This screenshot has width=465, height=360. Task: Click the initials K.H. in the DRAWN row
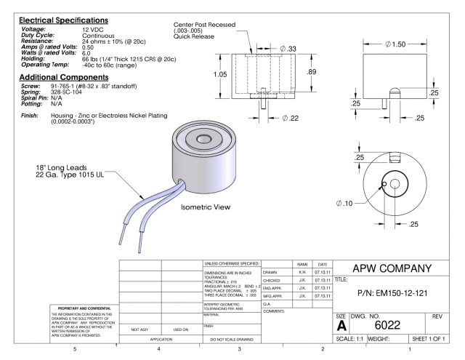(300, 272)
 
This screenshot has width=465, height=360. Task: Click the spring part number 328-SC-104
(67, 92)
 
